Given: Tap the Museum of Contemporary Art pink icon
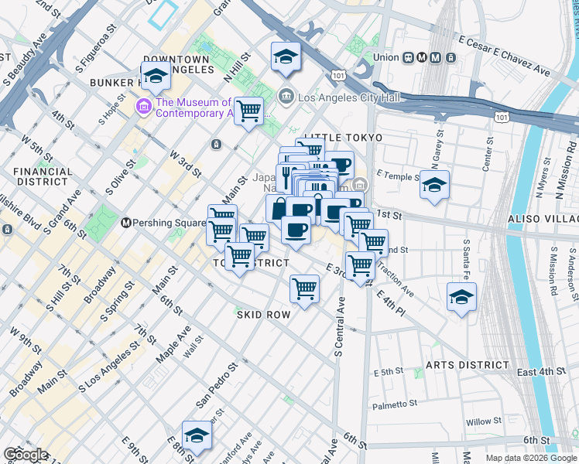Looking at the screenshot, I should pos(143,106).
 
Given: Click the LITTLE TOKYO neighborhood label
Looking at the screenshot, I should pos(343,138).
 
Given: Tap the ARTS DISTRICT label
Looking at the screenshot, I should pos(467,364).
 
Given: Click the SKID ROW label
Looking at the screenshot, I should pos(263,315).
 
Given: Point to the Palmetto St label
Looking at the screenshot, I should pos(395,404).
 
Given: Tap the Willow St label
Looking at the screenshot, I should pos(484,422).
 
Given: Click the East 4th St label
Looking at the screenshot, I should pos(541,372).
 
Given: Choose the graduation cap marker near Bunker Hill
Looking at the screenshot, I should pos(156,76).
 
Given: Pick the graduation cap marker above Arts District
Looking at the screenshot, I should pos(461,297).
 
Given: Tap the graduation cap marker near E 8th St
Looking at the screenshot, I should pos(197,435).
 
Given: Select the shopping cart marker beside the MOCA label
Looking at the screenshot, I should pos(248,111).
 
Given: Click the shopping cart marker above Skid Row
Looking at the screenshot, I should pos(304,289).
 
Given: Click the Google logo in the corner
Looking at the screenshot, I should pos(26,455).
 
